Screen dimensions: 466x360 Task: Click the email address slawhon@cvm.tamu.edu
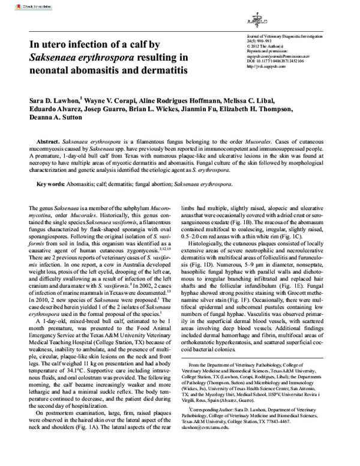pyautogui.click(x=206, y=427)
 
